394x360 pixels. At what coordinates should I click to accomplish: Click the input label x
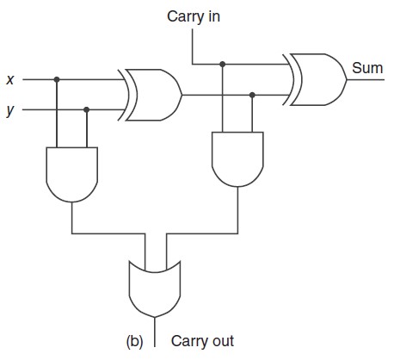pos(10,79)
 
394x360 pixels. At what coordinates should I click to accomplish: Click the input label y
pos(10,110)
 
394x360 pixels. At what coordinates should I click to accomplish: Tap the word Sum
pos(367,68)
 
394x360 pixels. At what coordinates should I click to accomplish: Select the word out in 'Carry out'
pos(223,341)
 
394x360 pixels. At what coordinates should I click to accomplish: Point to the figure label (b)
pos(134,341)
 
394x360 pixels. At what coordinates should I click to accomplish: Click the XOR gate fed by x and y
pos(151,95)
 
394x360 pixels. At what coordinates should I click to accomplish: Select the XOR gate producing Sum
pos(315,79)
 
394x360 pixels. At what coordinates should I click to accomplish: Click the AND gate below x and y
pos(72,175)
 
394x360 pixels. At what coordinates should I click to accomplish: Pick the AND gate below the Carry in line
pos(237,159)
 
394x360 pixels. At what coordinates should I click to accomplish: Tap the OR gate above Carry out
pos(155,289)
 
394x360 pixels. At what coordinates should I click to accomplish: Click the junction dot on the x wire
pos(57,79)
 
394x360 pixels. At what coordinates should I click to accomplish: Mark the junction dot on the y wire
pos(87,109)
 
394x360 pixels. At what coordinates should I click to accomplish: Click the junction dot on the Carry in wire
pos(222,64)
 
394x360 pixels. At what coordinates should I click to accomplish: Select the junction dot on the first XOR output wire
pos(252,95)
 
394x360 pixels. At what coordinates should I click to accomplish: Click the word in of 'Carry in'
pos(212,16)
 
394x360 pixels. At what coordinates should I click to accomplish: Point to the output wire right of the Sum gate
pos(366,79)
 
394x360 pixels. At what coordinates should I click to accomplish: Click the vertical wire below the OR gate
pos(155,332)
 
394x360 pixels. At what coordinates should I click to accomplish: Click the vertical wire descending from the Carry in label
pos(193,47)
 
